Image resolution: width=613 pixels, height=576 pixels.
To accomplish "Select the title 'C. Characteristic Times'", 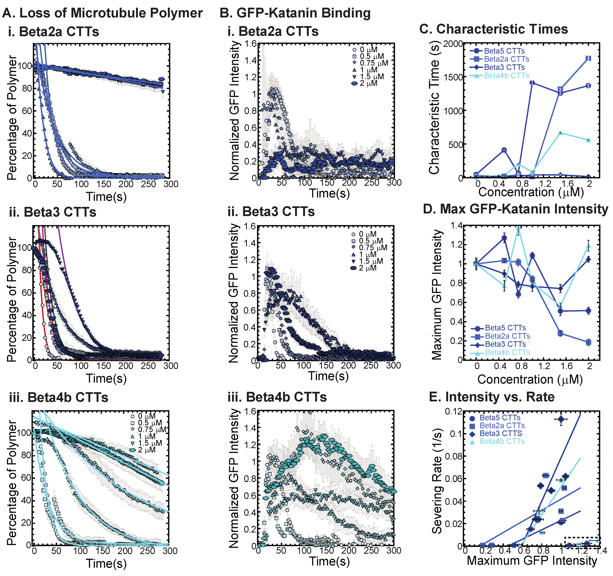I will [493, 29].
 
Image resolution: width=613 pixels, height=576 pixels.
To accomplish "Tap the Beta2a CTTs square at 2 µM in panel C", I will [588, 58].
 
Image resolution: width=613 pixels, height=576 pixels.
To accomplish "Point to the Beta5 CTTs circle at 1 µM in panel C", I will [532, 83].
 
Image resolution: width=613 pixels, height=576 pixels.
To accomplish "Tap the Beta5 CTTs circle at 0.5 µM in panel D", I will [504, 238].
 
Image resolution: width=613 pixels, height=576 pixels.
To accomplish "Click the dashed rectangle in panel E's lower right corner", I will [582, 543].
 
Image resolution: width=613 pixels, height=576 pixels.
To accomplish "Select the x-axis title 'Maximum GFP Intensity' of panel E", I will [532, 560].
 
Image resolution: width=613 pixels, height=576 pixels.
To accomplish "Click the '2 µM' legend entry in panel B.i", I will [368, 83].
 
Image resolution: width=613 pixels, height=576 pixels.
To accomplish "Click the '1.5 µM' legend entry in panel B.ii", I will [371, 261].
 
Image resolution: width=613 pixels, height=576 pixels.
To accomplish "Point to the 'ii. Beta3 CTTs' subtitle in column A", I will [52, 212].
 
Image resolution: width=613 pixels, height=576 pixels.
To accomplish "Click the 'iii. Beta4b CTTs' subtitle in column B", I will [277, 397].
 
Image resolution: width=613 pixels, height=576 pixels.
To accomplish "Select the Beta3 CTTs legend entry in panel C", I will [504, 67].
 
